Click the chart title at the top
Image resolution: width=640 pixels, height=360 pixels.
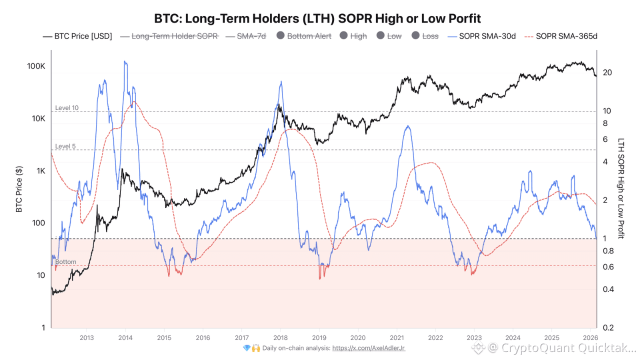317,19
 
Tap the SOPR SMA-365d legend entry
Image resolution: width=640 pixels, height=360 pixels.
567,36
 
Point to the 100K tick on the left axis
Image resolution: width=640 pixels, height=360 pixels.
36,66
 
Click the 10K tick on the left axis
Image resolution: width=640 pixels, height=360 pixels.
38,118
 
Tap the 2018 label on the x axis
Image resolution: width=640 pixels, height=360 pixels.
280,337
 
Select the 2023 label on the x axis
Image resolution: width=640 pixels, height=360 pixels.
474,337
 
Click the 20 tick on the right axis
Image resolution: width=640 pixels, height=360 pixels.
607,72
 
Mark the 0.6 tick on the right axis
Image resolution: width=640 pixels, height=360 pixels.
608,267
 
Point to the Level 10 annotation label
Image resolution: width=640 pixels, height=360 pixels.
66,108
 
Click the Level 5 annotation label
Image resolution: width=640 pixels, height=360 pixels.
65,146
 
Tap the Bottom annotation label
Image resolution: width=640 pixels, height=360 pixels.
65,262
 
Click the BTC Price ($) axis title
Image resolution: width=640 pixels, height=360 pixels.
19,189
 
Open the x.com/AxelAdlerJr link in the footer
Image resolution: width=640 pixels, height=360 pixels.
368,348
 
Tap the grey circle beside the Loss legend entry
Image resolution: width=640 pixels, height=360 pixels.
416,36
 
